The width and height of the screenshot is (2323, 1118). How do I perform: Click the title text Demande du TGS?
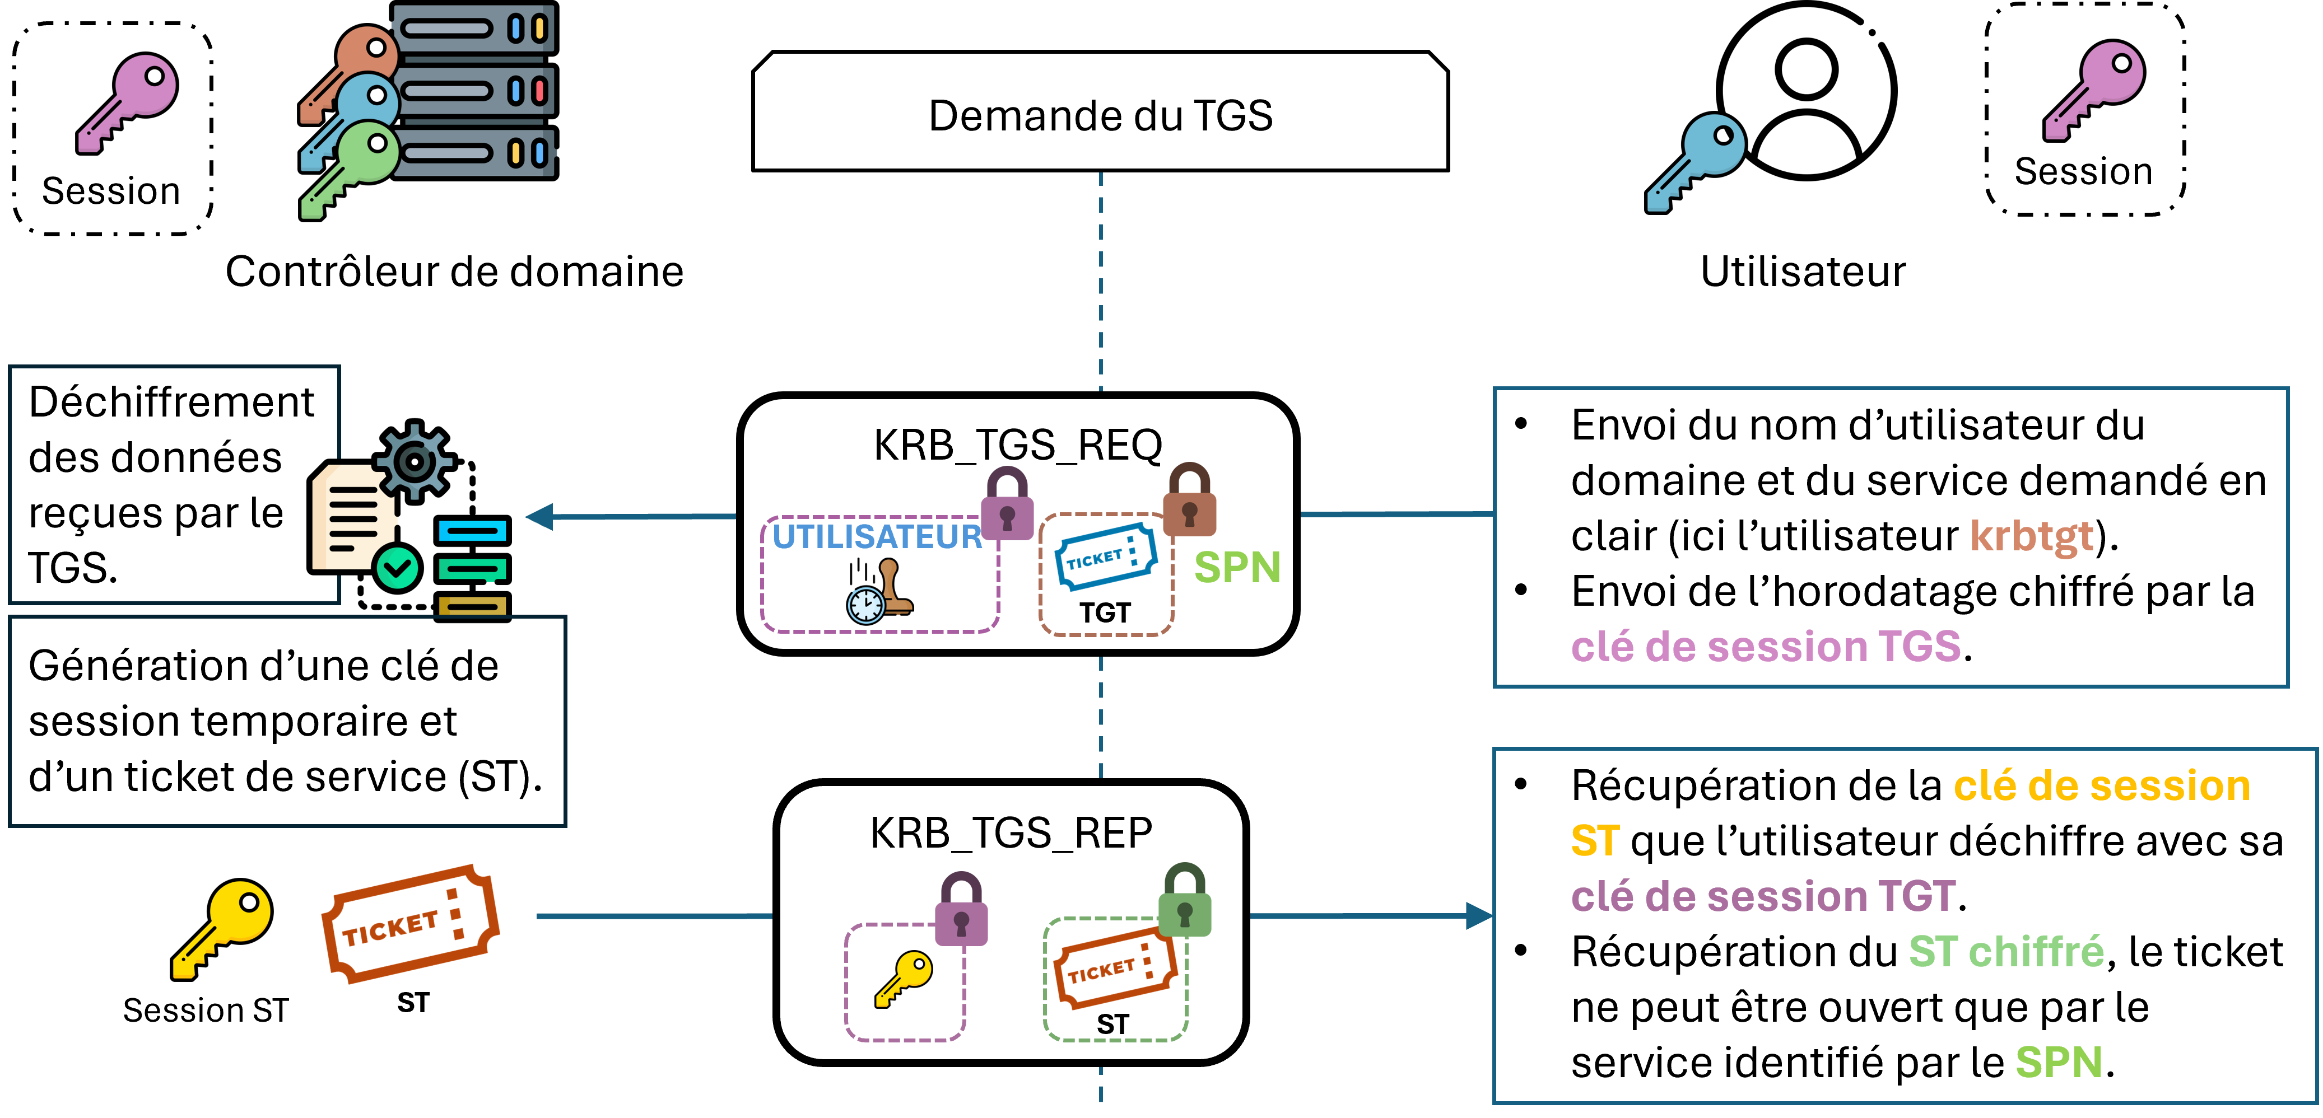click(1100, 115)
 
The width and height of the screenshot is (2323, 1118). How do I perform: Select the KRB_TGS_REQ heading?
click(1018, 445)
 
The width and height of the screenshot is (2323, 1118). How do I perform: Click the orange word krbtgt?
click(2031, 536)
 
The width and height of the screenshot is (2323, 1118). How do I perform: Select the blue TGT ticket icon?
click(1106, 556)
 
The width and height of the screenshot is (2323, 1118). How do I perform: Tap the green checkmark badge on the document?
click(397, 568)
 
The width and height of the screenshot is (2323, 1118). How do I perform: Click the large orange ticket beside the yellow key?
click(410, 924)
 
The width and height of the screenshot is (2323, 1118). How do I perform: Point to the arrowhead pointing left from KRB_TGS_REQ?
click(541, 517)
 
